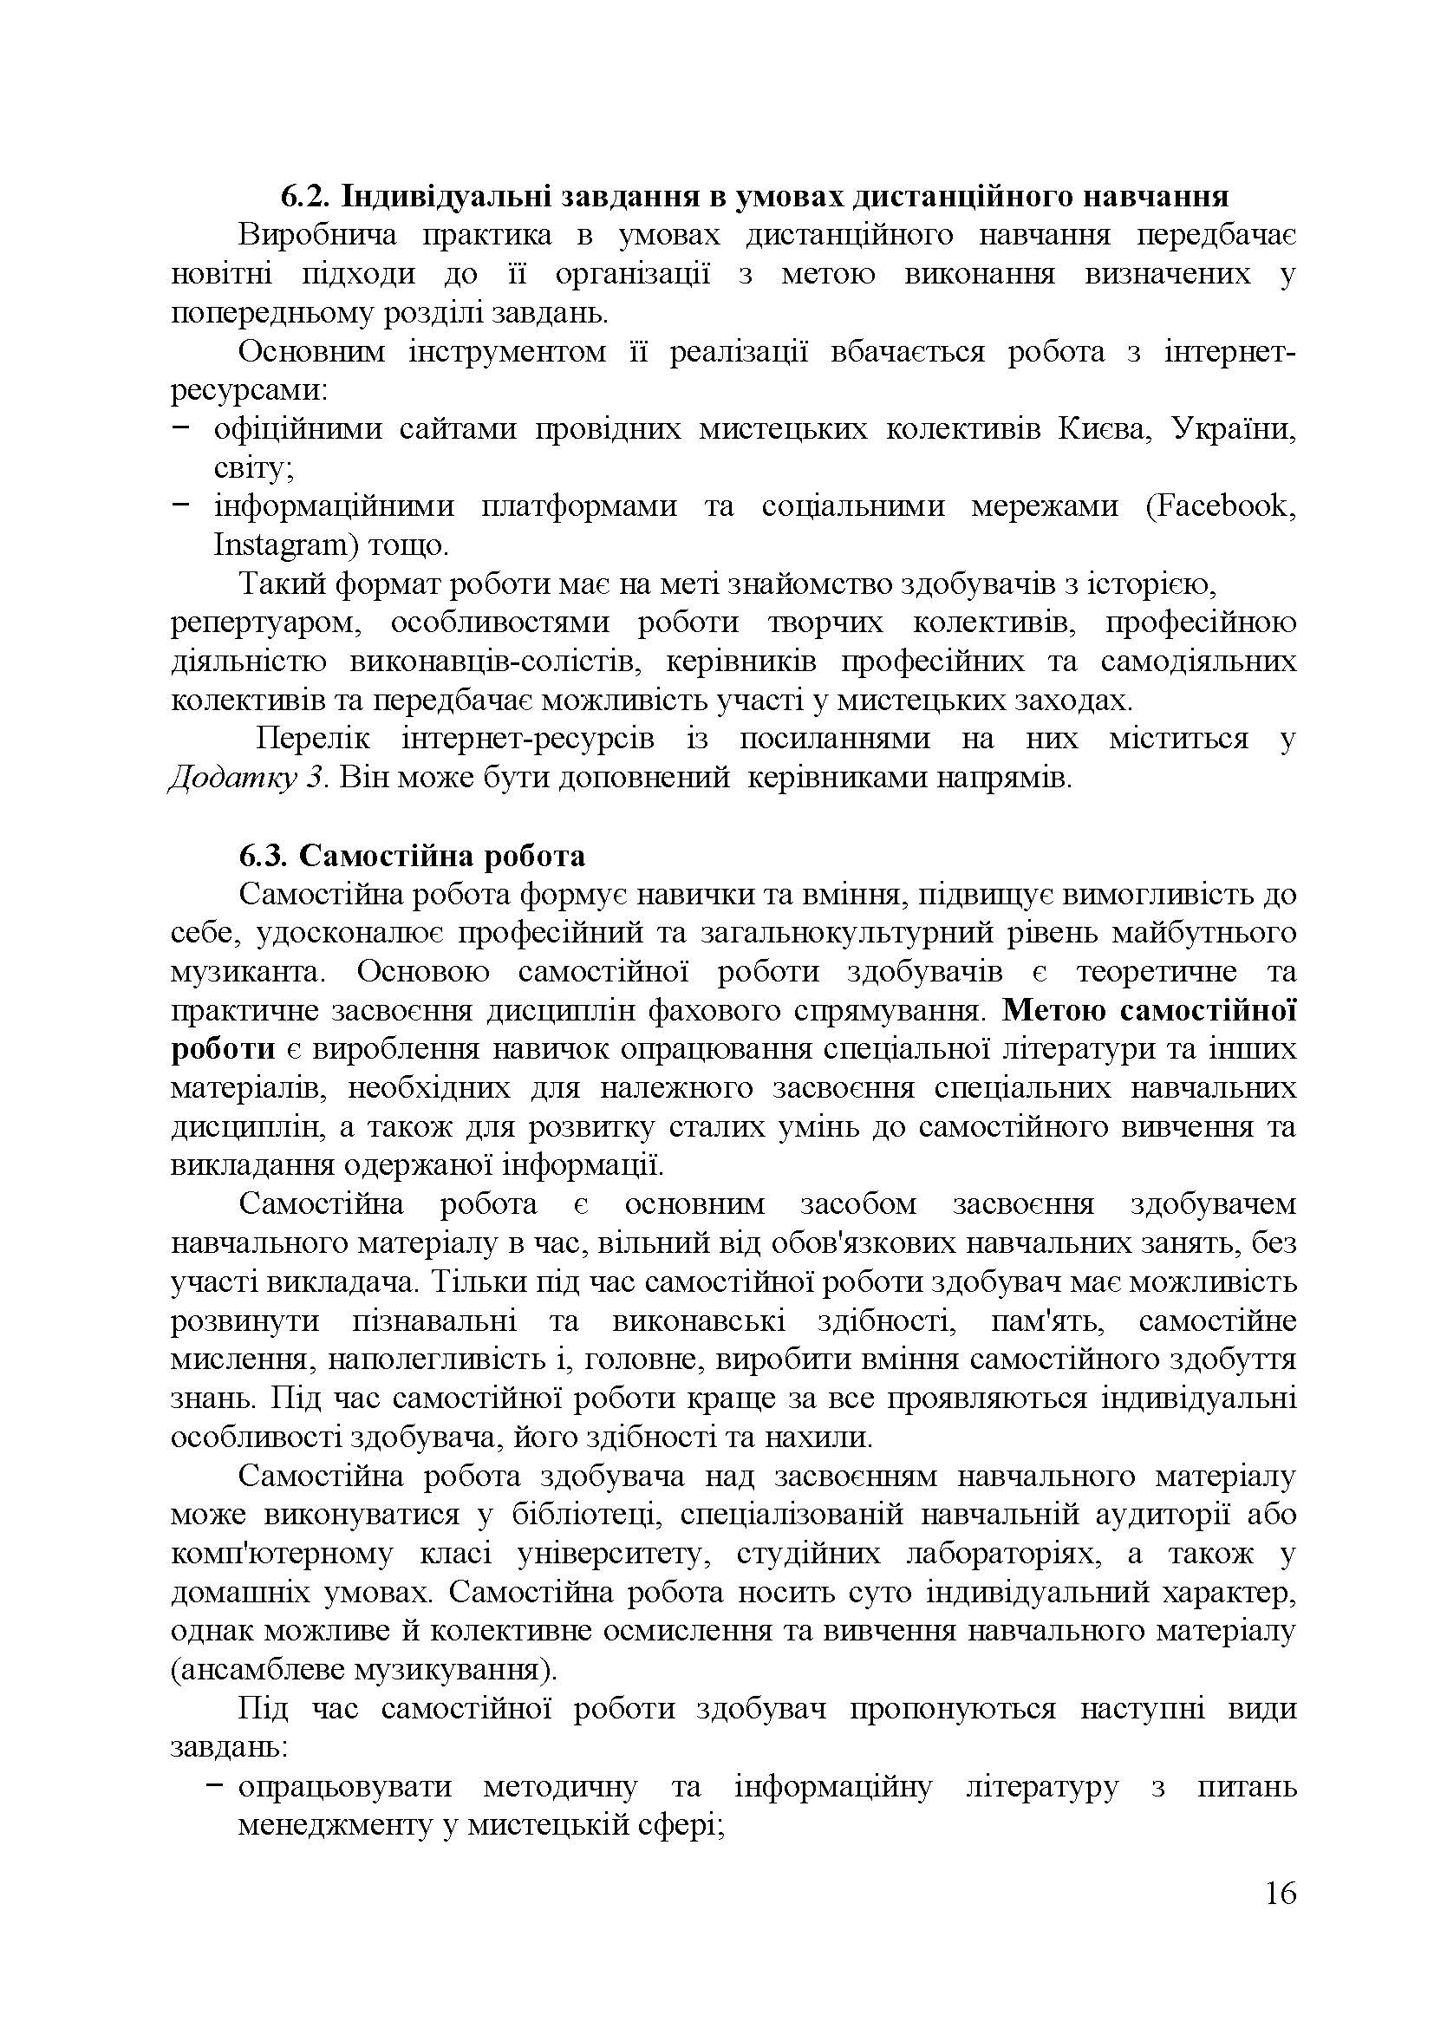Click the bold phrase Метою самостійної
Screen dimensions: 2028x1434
point(1150,1009)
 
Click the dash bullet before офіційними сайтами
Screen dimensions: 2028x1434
point(182,427)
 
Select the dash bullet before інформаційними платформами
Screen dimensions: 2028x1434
point(182,505)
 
